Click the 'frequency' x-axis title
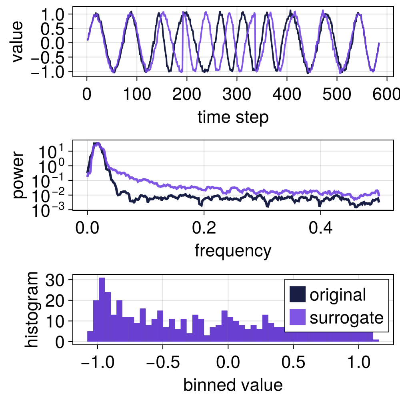[233, 251]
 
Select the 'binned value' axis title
[233, 385]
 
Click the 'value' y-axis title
[18, 42]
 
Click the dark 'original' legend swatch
[297, 295]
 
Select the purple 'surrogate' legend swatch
[297, 318]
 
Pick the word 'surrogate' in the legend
[346, 318]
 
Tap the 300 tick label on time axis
[237, 95]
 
